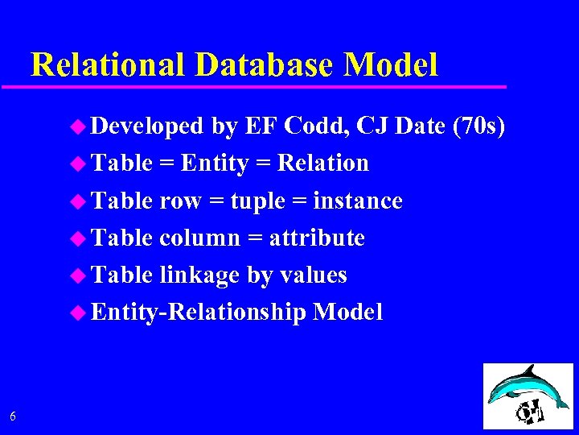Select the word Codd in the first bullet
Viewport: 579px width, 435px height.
click(317, 126)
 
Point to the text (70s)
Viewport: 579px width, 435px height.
click(479, 126)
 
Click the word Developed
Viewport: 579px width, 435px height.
click(147, 126)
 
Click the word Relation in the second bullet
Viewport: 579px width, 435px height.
click(322, 164)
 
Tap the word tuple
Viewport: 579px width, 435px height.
click(258, 201)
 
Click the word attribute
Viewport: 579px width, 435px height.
click(317, 238)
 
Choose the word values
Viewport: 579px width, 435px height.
click(313, 275)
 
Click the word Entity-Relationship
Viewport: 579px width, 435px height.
click(199, 313)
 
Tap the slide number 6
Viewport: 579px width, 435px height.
click(12, 416)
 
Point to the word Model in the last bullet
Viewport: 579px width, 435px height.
click(347, 312)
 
